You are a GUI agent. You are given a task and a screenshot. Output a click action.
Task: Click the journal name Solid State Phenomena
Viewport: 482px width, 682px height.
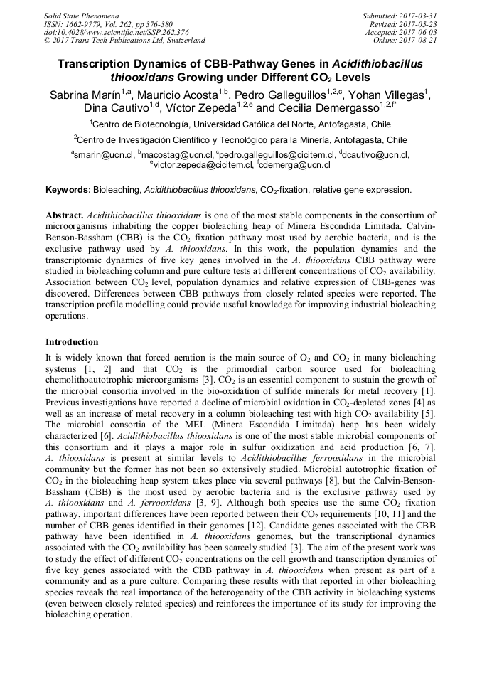tap(81, 15)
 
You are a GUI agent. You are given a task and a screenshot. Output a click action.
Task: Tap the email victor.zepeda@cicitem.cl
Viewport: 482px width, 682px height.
tap(201, 165)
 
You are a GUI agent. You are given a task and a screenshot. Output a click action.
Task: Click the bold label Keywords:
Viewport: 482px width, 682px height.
tap(68, 190)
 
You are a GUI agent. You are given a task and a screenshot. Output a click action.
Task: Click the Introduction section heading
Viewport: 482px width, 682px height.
tap(73, 342)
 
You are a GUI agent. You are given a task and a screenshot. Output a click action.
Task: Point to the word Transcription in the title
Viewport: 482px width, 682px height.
tap(104, 64)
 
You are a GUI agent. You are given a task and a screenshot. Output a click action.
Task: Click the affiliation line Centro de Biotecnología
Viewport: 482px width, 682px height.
tap(240, 124)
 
